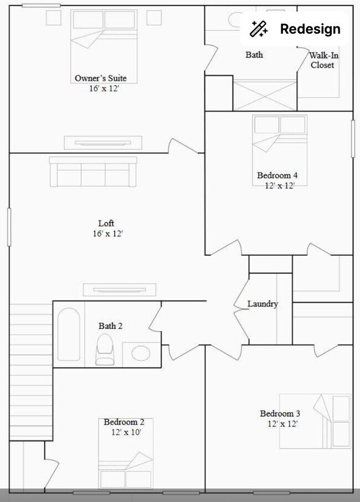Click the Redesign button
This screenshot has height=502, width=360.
point(295,29)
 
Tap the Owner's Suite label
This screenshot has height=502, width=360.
point(104,78)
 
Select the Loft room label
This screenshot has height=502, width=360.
point(106,224)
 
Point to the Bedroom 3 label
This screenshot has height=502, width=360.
point(280,413)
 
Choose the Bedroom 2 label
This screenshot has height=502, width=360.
point(125,422)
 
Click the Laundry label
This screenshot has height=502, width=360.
point(262,304)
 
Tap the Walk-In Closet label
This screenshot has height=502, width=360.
point(322,60)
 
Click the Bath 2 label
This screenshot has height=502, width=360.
point(110,326)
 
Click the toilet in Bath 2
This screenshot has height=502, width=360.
point(104,350)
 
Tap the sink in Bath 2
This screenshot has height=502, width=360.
point(141,353)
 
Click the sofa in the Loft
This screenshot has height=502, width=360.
point(92,172)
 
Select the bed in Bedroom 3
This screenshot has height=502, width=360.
point(315,421)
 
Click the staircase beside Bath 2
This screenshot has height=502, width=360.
point(30,371)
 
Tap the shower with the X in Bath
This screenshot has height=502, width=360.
point(264,95)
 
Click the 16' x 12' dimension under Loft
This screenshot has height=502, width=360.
point(107,234)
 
